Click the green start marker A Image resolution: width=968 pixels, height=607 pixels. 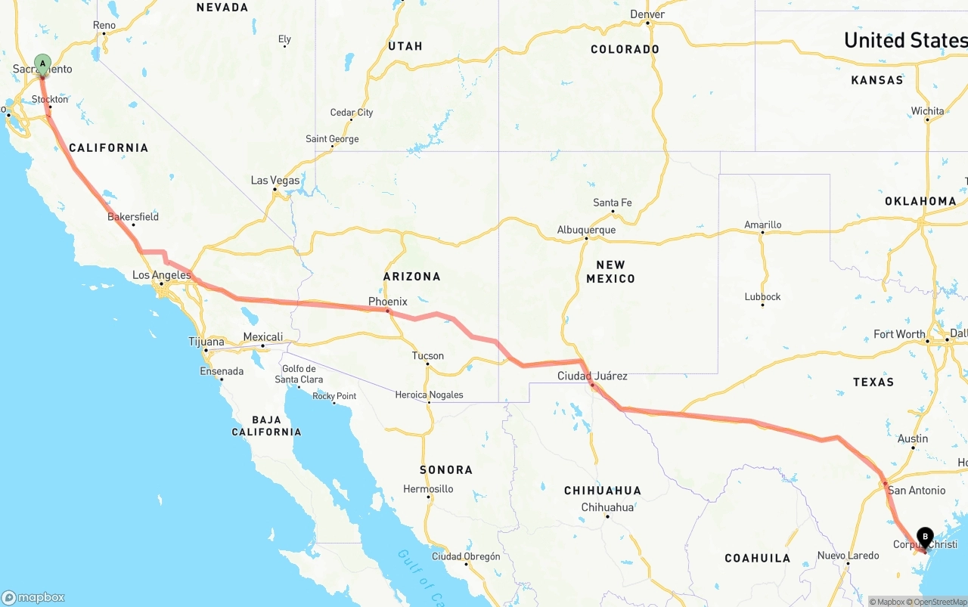[42, 63]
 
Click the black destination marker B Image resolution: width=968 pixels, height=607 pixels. [925, 537]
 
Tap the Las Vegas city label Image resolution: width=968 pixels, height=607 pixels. [275, 181]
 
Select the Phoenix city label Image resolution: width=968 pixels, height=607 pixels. [388, 302]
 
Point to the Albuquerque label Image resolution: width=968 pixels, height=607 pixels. [586, 230]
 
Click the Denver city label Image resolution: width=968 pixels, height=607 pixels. [647, 14]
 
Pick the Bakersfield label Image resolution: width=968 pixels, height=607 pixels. [133, 217]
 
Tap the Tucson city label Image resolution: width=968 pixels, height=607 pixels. [428, 356]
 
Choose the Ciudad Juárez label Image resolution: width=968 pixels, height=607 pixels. [592, 376]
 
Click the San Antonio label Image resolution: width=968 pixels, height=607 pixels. [917, 490]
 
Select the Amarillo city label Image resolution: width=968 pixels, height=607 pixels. [762, 225]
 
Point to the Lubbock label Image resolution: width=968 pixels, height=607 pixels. [762, 296]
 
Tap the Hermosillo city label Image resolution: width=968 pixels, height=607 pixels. [428, 489]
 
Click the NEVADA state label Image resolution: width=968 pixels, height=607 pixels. [222, 8]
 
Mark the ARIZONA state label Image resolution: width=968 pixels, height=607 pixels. [411, 277]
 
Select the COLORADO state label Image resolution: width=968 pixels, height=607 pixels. [625, 49]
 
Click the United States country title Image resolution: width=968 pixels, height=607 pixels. [905, 40]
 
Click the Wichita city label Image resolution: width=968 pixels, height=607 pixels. [927, 111]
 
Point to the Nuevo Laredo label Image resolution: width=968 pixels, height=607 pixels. [848, 556]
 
